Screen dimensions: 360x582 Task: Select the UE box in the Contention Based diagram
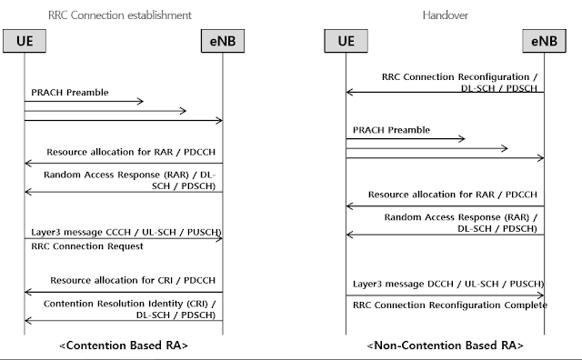(25, 43)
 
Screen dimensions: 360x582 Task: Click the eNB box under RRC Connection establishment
(223, 43)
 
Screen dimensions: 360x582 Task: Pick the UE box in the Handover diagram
(346, 43)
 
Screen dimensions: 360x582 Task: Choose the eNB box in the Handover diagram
(544, 43)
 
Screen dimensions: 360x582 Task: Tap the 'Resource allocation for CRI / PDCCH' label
(135, 281)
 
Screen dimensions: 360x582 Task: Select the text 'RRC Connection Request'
(83, 245)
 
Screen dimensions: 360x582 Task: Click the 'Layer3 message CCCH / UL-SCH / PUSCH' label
(125, 232)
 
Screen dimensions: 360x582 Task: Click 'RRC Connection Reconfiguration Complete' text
(449, 305)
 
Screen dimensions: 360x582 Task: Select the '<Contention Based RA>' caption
(123, 346)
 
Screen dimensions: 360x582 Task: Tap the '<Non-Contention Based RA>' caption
(445, 346)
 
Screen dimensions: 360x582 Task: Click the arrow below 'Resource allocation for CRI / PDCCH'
(123, 292)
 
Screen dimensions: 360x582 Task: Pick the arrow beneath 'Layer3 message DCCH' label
(445, 295)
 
